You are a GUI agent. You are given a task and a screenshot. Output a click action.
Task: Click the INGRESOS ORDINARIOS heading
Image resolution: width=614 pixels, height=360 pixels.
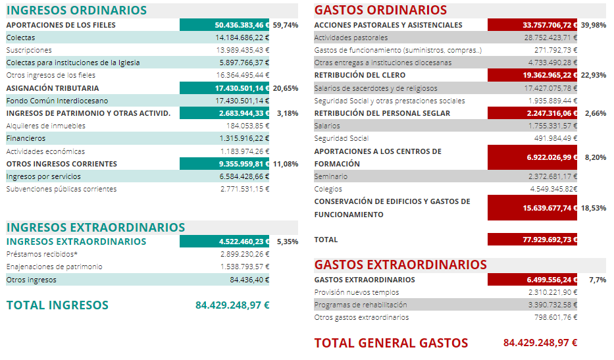point(76,11)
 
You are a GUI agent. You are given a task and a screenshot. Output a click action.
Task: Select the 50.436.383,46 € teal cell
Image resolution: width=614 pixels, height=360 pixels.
point(224,25)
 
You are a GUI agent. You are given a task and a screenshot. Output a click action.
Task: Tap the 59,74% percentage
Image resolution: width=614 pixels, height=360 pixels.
point(286,25)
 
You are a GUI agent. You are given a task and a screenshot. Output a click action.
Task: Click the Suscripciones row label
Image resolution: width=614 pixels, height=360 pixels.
point(29,50)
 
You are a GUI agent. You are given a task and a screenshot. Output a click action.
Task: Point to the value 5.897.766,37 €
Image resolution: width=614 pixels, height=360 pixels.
point(243,63)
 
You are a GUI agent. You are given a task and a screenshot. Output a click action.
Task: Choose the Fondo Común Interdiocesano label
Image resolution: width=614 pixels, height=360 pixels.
point(57,101)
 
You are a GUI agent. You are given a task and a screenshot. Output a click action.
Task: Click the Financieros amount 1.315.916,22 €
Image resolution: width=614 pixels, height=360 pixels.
point(244,138)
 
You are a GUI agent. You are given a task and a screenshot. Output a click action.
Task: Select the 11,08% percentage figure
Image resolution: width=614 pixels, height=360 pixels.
point(286,163)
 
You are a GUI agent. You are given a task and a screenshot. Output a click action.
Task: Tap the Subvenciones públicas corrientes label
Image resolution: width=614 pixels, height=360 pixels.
point(61,189)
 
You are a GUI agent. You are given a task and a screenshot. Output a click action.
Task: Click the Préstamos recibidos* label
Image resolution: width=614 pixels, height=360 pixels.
point(41,254)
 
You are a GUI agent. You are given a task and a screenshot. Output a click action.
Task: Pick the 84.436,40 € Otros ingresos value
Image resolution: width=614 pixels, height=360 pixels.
point(249,280)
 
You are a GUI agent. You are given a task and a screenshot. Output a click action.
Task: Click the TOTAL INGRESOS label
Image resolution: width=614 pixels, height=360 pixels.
point(57,305)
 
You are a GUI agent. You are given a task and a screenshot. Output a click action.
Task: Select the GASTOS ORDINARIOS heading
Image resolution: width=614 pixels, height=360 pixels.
point(380,11)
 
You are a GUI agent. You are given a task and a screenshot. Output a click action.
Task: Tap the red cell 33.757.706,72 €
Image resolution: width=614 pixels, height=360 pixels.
point(532,25)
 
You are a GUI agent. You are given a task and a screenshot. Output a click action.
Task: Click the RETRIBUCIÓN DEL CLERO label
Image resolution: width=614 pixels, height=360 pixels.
point(360,75)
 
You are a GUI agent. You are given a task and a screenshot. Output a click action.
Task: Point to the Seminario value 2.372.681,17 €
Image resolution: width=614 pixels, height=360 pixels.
point(552,176)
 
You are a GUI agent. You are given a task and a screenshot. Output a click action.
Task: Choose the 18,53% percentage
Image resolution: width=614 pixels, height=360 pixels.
point(594,208)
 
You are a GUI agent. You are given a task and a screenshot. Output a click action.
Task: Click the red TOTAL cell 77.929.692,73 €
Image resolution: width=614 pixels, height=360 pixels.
point(532,240)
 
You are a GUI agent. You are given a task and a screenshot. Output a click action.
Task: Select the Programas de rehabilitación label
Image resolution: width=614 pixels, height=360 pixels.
point(361,305)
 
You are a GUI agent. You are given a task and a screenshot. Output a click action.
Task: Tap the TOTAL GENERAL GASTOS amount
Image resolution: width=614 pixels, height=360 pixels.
point(540,343)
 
